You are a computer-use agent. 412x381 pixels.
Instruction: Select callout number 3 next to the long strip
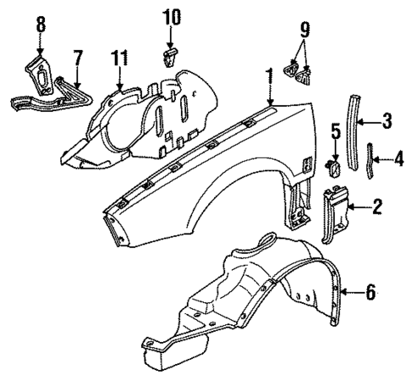[386, 122]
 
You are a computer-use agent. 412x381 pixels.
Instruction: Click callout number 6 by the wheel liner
[370, 293]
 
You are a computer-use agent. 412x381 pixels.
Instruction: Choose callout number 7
[77, 58]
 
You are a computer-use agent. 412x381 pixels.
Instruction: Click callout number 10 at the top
[172, 16]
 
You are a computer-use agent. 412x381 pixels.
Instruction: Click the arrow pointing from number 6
[350, 293]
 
